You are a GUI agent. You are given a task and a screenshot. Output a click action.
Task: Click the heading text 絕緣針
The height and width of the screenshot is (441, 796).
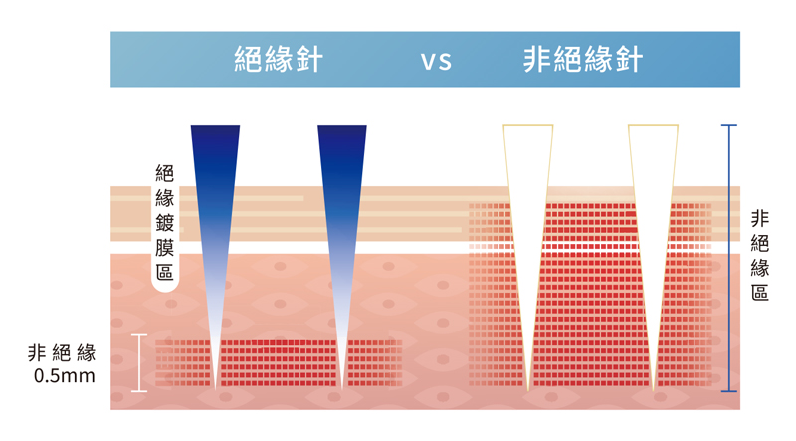coord(275,60)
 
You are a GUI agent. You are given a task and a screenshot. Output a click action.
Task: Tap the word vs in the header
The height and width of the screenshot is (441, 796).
coord(436,61)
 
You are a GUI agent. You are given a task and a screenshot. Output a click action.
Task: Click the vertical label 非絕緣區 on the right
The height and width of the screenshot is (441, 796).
coord(759,255)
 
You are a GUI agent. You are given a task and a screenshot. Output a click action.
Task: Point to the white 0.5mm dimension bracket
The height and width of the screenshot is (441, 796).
coord(138,362)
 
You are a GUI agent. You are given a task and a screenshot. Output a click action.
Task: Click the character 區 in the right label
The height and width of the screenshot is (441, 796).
coord(759,292)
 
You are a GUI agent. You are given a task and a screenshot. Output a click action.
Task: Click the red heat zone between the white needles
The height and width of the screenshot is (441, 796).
coord(590,299)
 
